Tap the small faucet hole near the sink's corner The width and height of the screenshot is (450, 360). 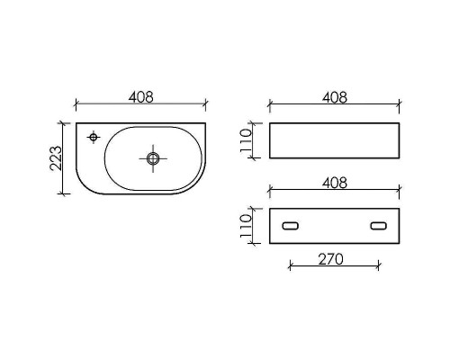[93, 137]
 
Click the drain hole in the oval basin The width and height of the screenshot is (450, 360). [153, 158]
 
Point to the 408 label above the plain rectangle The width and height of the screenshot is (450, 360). [334, 95]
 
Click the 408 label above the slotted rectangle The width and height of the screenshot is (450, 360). [334, 182]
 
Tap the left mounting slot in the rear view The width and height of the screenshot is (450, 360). [291, 226]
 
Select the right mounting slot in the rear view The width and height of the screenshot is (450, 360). [379, 226]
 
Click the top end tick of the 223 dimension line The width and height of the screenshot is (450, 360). [62, 123]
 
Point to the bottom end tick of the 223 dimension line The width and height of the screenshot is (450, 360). [62, 193]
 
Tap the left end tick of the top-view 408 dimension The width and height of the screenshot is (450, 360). [76, 103]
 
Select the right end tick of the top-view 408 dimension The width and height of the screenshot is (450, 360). [206, 103]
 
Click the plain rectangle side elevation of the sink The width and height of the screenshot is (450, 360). [334, 140]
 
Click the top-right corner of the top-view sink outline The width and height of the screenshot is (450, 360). [206, 124]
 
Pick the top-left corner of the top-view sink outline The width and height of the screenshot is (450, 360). [76, 124]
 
